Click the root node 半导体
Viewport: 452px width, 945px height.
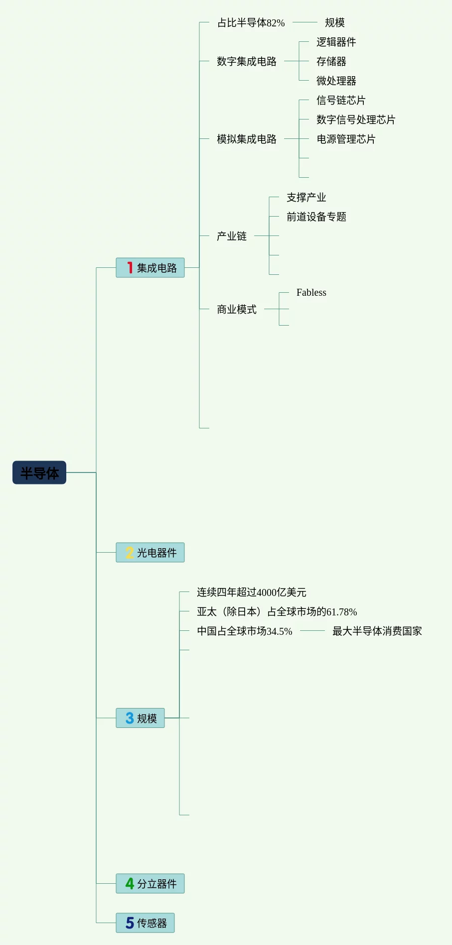pos(39,472)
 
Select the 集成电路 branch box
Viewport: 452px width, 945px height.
pos(150,268)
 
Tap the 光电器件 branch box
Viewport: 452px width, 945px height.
pos(150,553)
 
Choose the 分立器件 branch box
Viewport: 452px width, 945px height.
pos(150,884)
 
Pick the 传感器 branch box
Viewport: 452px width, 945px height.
pos(145,923)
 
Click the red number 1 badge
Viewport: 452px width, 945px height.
pos(130,268)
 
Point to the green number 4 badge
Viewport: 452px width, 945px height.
pos(130,884)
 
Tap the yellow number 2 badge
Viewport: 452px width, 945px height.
pos(130,553)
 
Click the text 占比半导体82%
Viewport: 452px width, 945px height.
pos(251,23)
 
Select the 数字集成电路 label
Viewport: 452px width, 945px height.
pos(246,61)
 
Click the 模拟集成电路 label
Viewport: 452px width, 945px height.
pos(246,139)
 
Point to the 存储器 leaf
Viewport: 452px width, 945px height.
pos(331,61)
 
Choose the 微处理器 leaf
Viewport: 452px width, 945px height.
pos(336,81)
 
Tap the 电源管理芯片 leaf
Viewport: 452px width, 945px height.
pos(346,139)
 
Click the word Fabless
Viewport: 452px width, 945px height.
pos(311,293)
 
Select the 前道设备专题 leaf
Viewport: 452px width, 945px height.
pos(316,217)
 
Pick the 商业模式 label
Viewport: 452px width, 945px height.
pos(236,309)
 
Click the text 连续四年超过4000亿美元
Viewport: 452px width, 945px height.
pos(251,592)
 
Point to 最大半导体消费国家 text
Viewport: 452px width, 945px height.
pos(377,631)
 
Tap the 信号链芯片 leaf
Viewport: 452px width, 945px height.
pos(341,100)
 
